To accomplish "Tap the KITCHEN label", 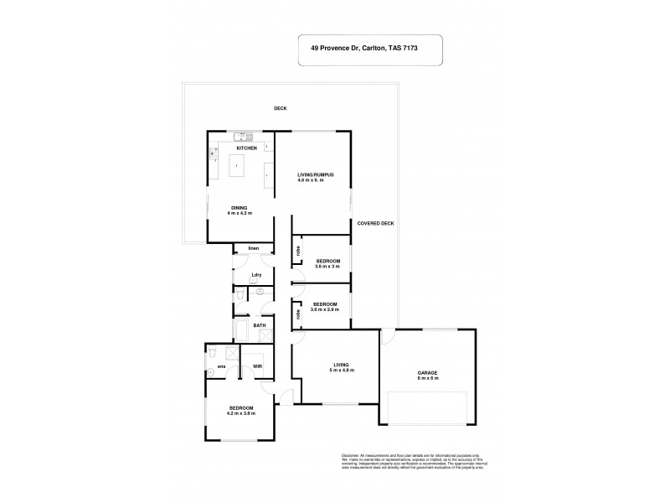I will click(x=245, y=148).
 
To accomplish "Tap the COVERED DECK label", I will click(x=376, y=223).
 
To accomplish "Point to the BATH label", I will click(x=260, y=325).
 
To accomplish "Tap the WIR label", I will click(x=258, y=366).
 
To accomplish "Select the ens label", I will click(x=221, y=366).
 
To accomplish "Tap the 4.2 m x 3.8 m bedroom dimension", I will click(x=240, y=413).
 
